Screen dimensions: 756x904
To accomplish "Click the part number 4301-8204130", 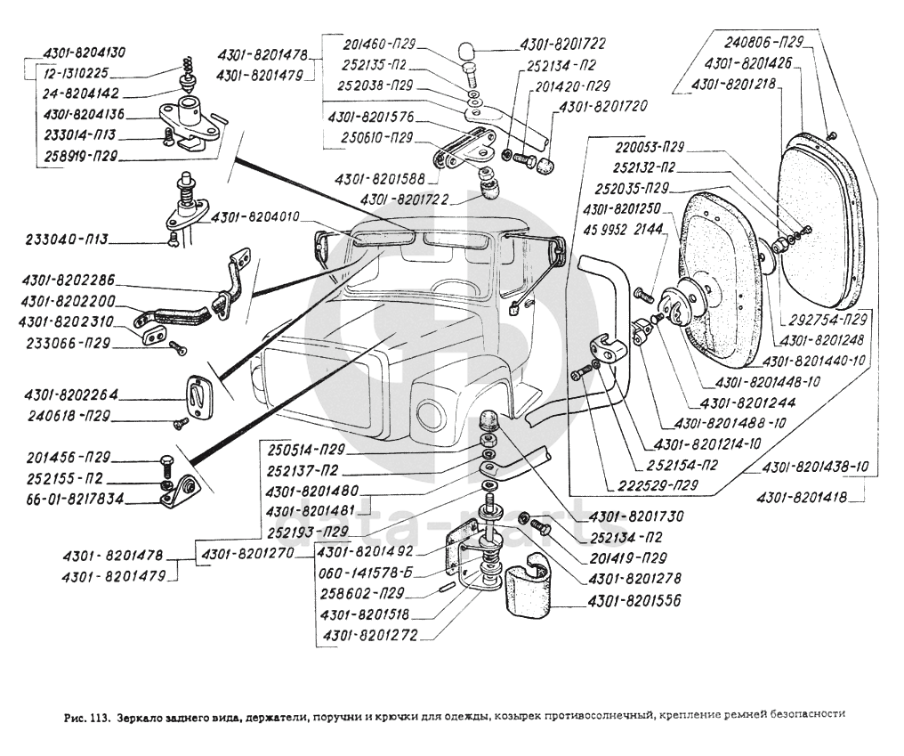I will click(85, 52).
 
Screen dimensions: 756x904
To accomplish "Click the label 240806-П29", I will click(763, 41).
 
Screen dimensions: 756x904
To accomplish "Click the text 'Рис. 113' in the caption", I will click(85, 713).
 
